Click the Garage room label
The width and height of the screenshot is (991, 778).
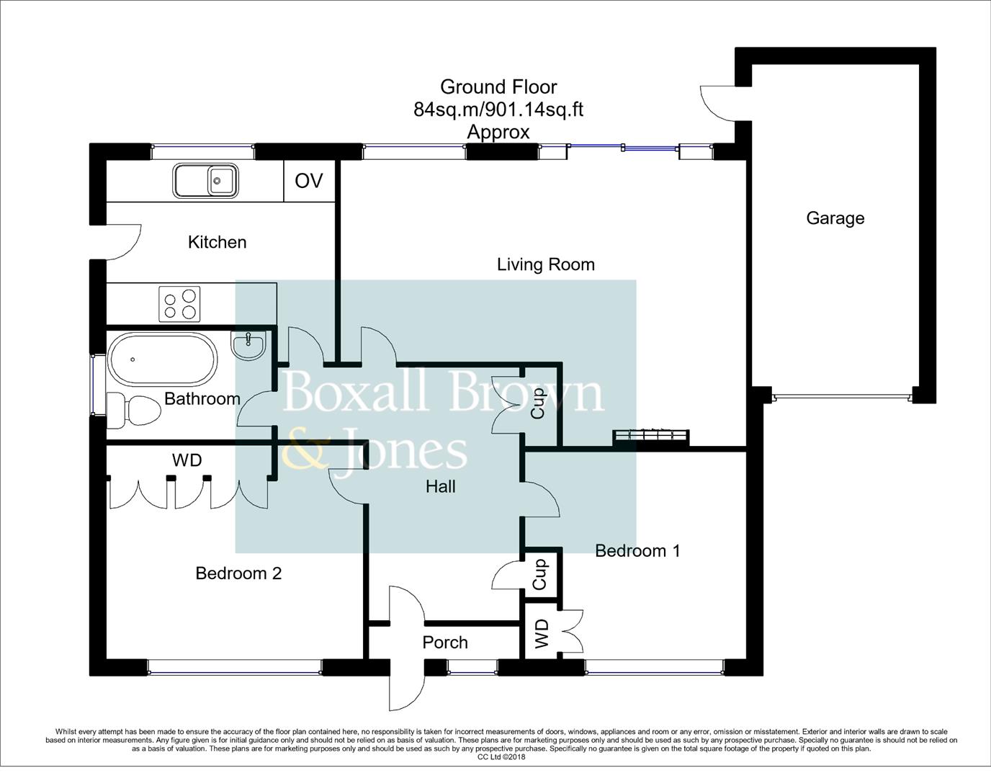(835, 218)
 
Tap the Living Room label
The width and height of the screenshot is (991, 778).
(545, 264)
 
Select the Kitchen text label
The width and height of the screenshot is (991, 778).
(217, 242)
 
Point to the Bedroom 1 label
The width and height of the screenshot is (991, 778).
(637, 551)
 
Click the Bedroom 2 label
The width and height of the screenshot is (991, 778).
(238, 573)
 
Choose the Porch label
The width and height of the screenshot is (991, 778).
(444, 643)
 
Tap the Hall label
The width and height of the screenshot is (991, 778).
(440, 487)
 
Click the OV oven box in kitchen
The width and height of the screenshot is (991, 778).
(309, 181)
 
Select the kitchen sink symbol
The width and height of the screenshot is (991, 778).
(205, 180)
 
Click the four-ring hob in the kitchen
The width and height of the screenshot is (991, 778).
(179, 304)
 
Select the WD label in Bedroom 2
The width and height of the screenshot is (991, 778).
(187, 460)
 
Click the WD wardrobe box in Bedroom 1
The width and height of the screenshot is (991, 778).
(542, 634)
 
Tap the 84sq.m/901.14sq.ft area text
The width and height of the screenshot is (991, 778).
(498, 109)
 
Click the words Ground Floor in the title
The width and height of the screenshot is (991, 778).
(498, 87)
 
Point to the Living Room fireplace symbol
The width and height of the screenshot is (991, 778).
(651, 437)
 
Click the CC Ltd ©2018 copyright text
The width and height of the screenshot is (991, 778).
(501, 757)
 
